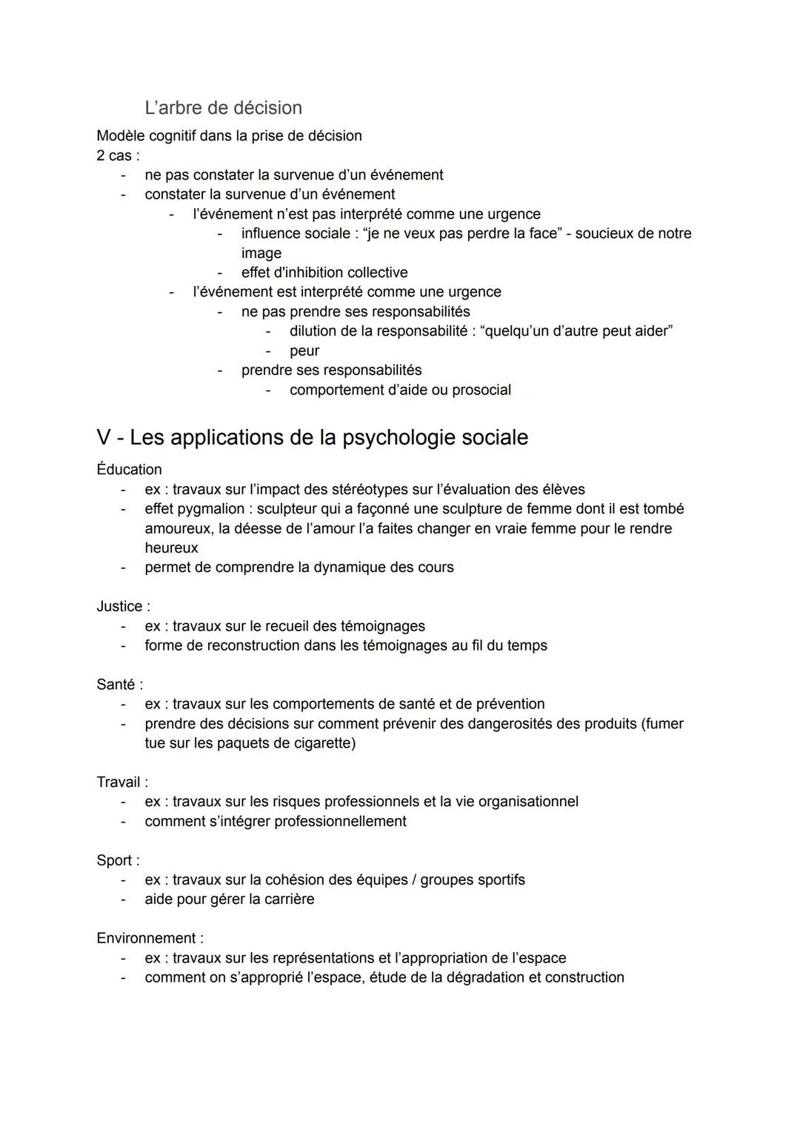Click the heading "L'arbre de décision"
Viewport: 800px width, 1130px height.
coord(223,107)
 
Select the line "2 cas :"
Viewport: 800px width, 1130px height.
coord(118,156)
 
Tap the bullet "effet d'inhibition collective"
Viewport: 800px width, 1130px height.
coord(324,273)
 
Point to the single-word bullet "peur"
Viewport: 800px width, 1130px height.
coord(304,350)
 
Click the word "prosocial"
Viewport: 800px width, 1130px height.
coord(481,390)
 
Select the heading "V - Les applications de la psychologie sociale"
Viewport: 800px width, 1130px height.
coord(312,437)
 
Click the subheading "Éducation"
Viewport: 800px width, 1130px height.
coord(129,470)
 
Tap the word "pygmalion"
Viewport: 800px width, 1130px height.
coord(211,509)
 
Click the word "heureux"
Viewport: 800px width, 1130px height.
coord(171,548)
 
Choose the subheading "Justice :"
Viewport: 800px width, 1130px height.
coord(123,606)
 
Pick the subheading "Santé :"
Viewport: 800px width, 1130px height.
coord(119,684)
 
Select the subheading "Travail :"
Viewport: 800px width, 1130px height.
coord(122,782)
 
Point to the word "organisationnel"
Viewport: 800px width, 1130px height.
coord(528,801)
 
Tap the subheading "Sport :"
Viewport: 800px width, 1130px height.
coord(118,860)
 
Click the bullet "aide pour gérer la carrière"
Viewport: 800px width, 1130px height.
coord(229,899)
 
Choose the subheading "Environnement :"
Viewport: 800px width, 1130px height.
coord(150,938)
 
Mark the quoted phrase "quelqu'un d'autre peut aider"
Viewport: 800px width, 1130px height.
coord(576,331)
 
